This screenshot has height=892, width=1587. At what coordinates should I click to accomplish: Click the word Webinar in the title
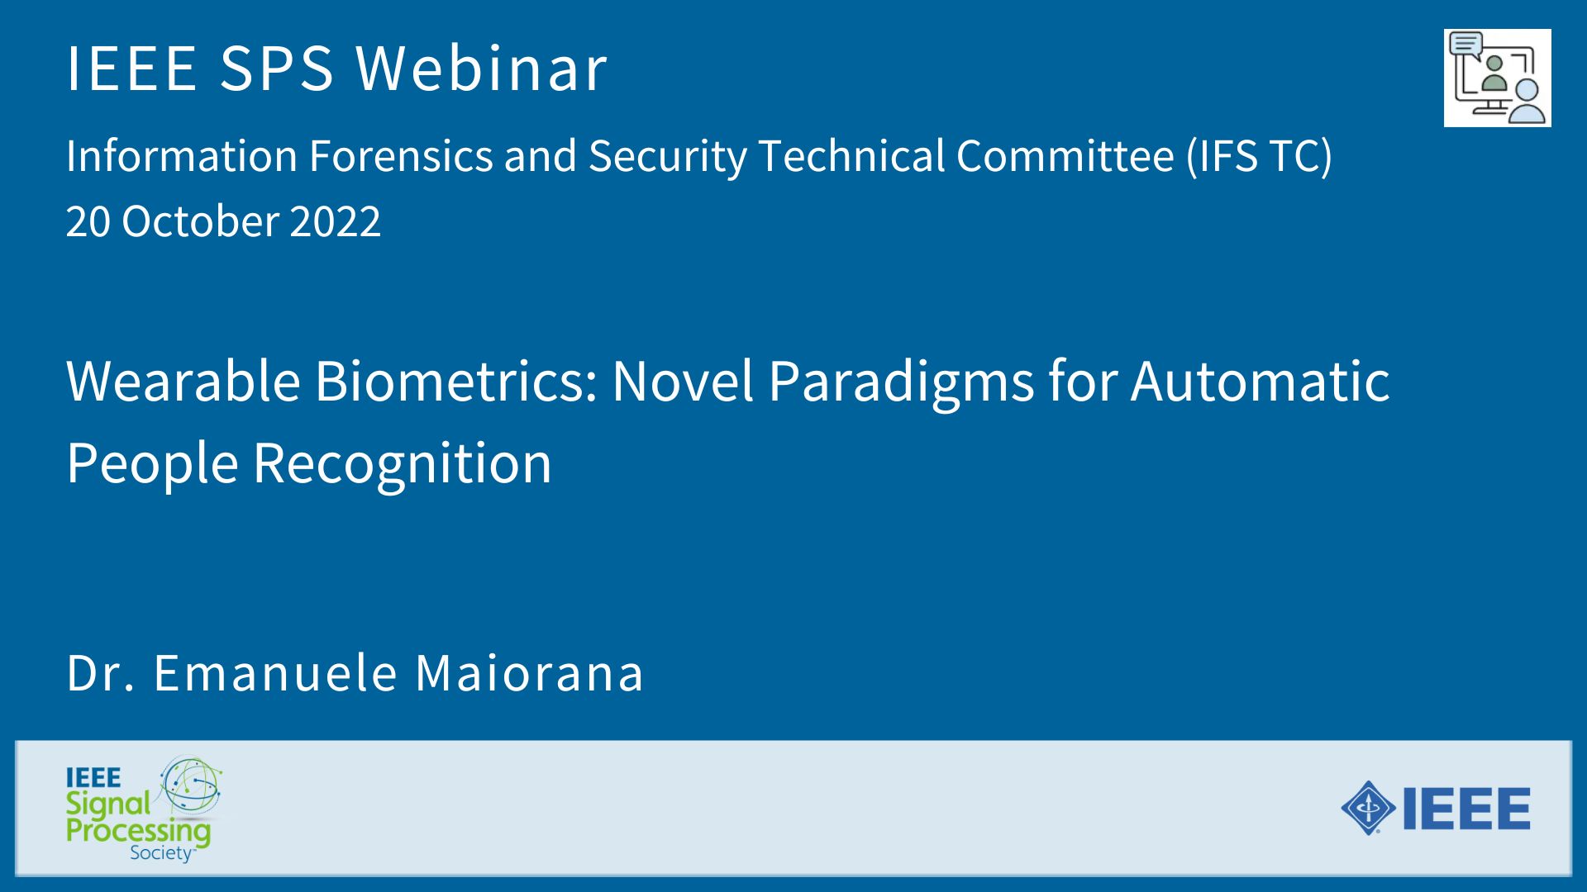point(482,67)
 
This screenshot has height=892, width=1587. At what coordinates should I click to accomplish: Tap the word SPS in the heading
point(276,67)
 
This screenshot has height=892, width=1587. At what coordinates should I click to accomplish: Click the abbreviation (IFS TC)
point(1260,156)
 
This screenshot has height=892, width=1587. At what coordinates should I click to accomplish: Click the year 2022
point(336,221)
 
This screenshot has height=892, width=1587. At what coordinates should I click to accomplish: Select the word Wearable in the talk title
point(183,381)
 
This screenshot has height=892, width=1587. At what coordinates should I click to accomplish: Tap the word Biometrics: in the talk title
point(456,381)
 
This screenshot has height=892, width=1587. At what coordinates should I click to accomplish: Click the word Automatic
point(1261,381)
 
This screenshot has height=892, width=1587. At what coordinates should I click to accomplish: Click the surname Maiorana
point(529,672)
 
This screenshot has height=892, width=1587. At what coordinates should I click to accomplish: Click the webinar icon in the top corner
point(1497,78)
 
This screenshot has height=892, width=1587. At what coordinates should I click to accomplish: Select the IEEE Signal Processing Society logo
point(144,809)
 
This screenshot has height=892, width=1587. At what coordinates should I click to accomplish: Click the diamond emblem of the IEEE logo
point(1369,807)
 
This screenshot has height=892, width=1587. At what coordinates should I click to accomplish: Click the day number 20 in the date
point(88,221)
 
